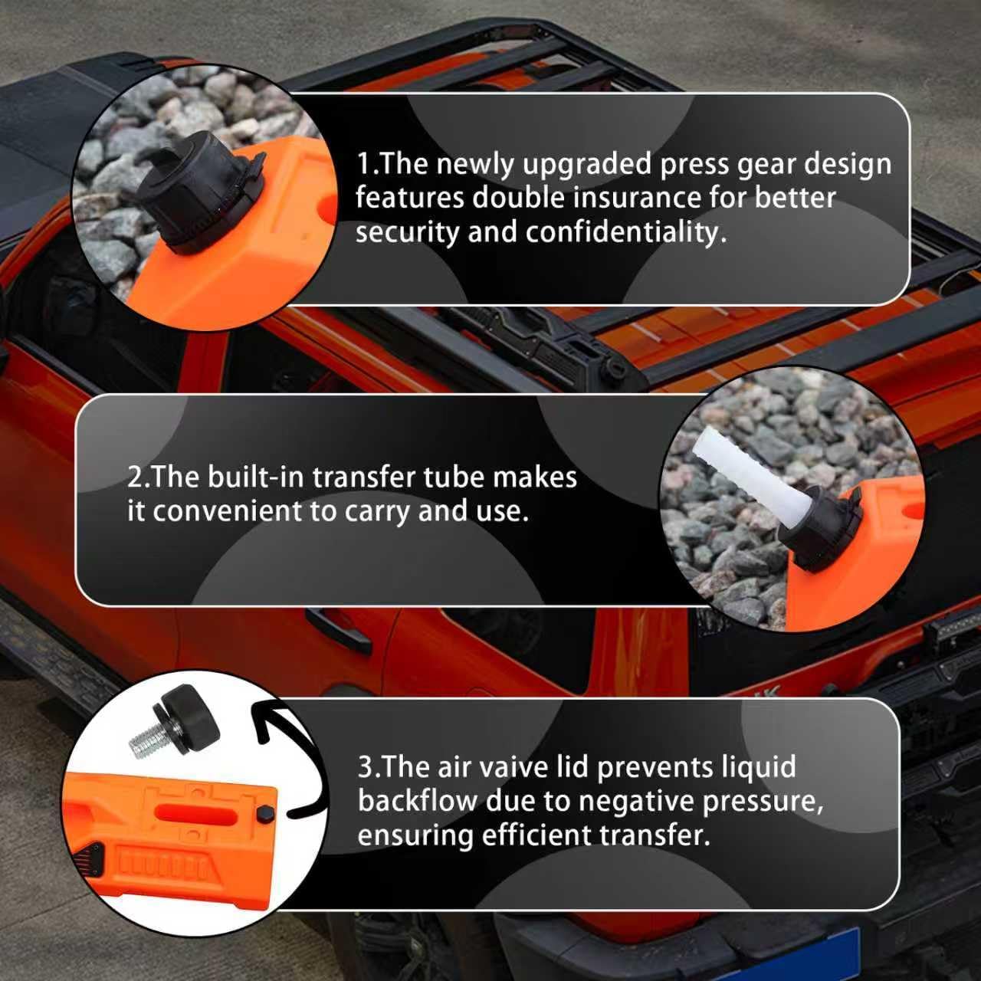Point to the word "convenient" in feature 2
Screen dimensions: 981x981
tap(227, 511)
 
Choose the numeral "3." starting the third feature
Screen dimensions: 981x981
tap(368, 768)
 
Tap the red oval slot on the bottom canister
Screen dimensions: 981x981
tap(196, 813)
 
